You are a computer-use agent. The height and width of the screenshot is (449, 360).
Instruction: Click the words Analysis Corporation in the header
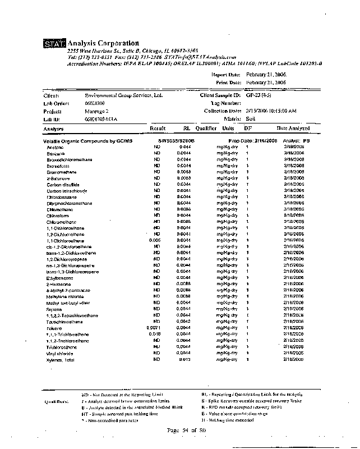103,43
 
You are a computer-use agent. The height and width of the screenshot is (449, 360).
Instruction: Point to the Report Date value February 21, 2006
266,75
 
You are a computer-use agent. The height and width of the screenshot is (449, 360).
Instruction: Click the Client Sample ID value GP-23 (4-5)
259,95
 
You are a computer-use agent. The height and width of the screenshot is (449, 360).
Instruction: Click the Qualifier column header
206,129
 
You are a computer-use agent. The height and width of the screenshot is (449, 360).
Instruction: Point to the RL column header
187,129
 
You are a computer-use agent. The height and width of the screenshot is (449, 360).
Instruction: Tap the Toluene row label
54,327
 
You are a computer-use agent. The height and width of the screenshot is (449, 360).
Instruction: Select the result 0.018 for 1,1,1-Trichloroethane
155,333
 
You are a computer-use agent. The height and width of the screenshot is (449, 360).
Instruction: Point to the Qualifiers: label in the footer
57,401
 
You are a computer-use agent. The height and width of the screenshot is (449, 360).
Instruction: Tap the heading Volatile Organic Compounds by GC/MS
82,140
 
